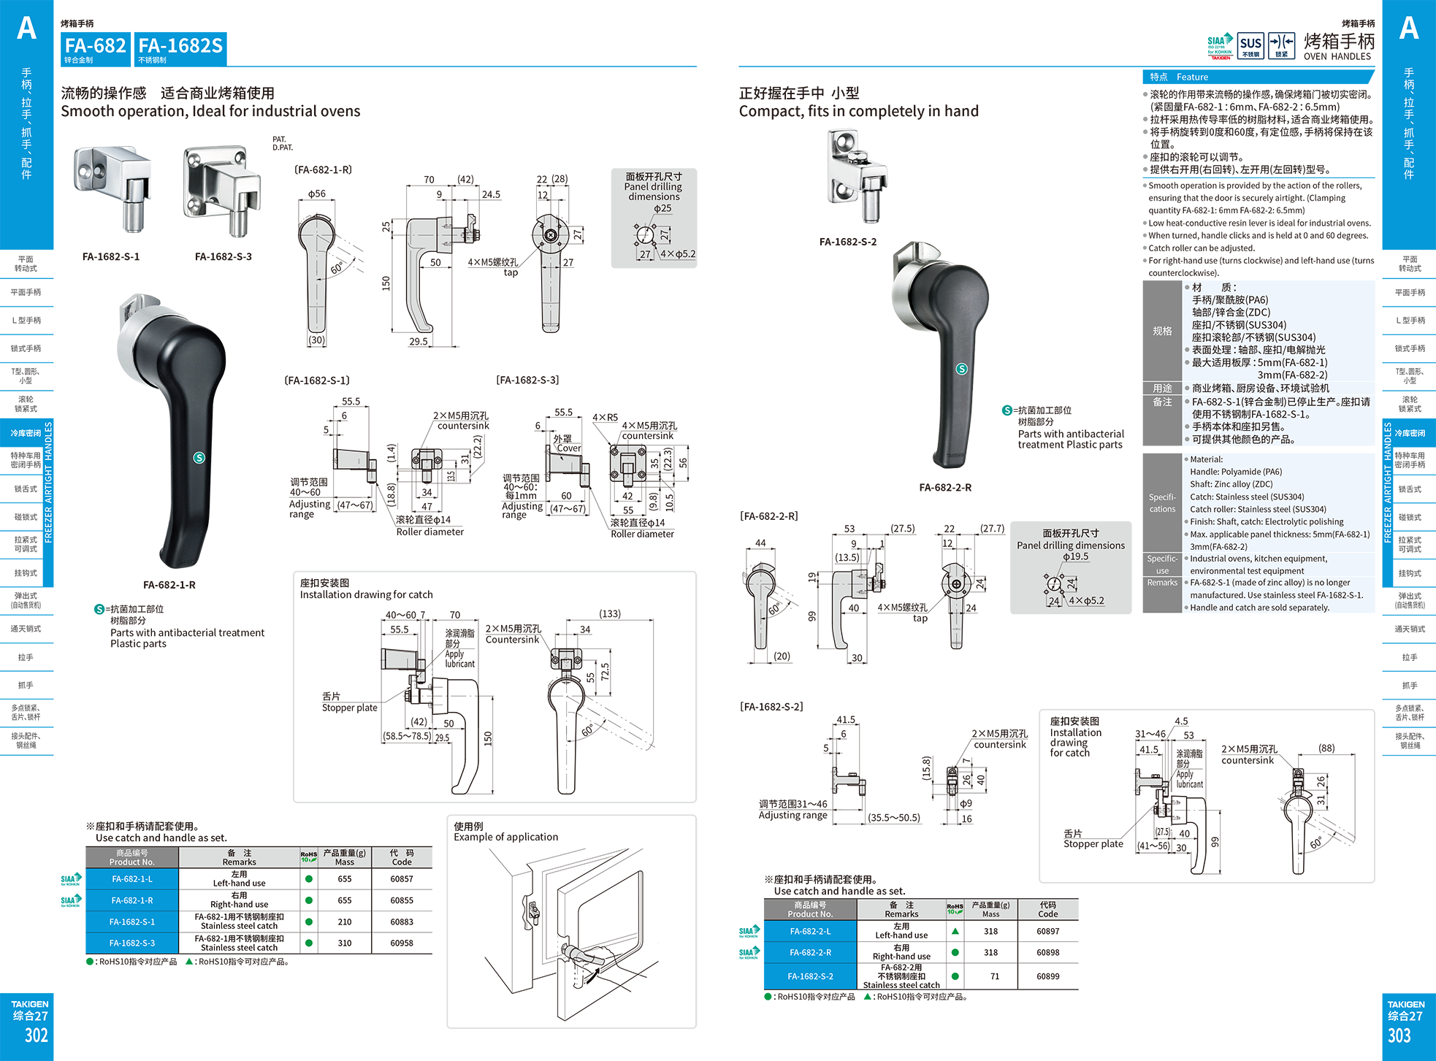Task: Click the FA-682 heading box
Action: coord(95,49)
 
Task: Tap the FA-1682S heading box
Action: coord(180,49)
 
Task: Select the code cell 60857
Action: coord(402,879)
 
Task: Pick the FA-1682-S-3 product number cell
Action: coord(132,943)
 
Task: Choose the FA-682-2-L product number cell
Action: coord(810,931)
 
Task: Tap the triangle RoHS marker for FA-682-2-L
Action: coord(955,931)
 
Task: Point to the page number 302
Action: coord(36,1035)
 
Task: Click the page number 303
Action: coord(1399,1035)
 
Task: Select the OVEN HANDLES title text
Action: coord(1337,56)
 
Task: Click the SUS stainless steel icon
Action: coord(1250,45)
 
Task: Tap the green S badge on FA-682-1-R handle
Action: coord(199,458)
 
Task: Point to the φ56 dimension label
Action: coord(317,194)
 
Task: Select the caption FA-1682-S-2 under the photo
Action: coord(847,242)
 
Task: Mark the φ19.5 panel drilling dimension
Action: coord(1075,556)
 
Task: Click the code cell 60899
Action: coord(1047,976)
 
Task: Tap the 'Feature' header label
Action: coord(1192,77)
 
